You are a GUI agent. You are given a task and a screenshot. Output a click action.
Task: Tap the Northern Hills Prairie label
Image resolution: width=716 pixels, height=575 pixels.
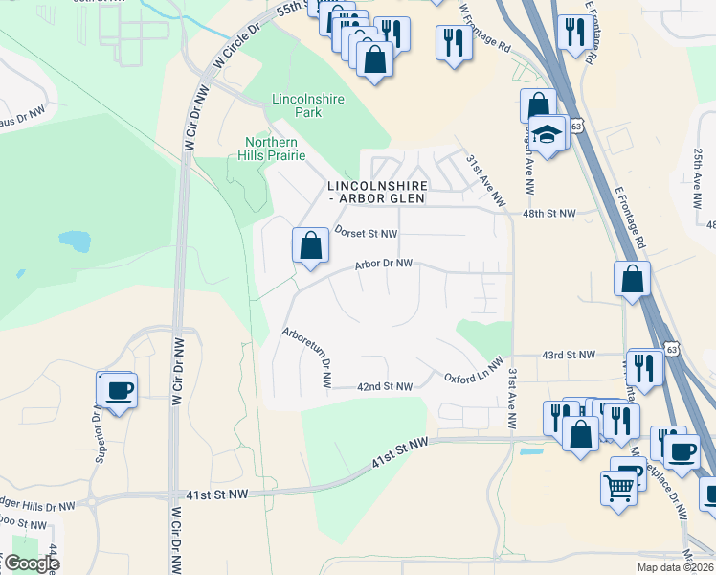coord(275,149)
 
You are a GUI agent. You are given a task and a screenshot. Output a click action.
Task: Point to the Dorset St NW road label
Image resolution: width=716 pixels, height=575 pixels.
coord(366,233)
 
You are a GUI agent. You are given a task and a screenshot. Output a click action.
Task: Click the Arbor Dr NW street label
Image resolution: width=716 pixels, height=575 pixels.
coord(383,263)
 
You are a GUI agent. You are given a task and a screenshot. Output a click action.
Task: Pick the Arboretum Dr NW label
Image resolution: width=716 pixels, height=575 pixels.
coord(307,357)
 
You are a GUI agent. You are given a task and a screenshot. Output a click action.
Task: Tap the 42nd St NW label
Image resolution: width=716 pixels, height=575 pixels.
coord(384,386)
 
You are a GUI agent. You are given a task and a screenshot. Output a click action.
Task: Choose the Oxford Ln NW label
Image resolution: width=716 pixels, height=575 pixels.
coord(473,372)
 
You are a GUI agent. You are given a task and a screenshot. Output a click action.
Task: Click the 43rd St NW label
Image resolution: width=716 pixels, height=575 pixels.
coord(569,356)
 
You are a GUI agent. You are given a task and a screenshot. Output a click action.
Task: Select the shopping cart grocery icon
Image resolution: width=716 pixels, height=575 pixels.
coord(618,487)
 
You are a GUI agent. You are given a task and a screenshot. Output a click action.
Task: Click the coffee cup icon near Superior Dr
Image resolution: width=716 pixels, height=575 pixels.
coord(120,390)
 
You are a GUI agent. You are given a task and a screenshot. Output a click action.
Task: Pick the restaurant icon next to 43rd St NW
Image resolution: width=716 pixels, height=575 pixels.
coord(644,367)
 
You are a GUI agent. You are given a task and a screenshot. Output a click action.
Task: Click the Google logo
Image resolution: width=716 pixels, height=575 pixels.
coord(31,563)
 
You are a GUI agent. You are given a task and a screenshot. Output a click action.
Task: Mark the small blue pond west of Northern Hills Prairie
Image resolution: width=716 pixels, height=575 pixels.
coord(73,239)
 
